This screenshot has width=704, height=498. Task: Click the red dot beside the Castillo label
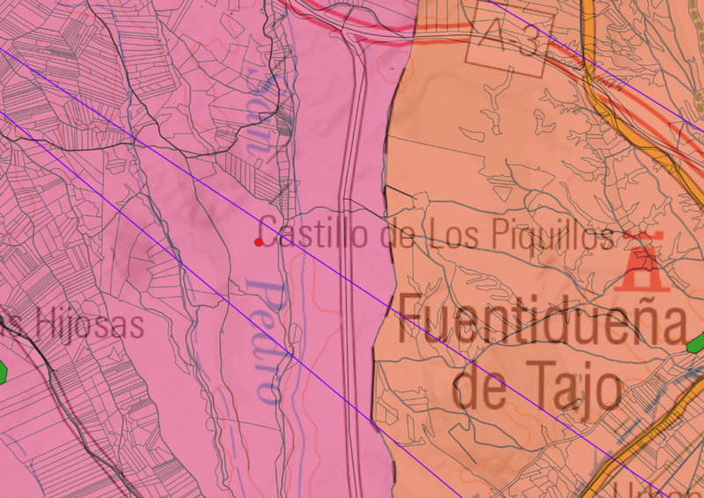click(x=258, y=242)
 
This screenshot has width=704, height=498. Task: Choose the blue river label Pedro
click(x=265, y=340)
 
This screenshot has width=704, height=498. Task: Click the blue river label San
click(x=257, y=123)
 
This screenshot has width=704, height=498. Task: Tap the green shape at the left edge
click(x=2, y=371)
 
